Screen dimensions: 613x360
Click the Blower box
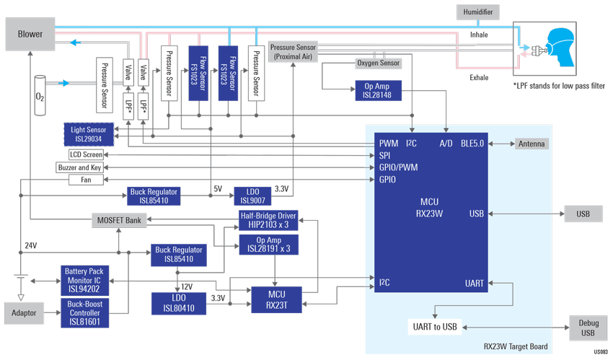[x=30, y=34]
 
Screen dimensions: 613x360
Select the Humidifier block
[x=477, y=12]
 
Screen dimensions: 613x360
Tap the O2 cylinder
[x=40, y=95]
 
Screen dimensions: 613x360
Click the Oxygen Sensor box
[x=378, y=63]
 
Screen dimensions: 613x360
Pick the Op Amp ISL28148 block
[x=378, y=91]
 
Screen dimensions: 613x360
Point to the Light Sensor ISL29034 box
[x=89, y=134]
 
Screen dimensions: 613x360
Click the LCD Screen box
[x=86, y=155]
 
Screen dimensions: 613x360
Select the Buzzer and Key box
[x=80, y=167]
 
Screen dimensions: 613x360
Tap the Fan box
[x=86, y=180]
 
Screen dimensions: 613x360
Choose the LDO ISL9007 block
[x=252, y=196]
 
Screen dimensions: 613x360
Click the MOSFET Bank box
[x=119, y=221]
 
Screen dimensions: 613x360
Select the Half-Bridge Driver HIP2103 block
[x=268, y=221]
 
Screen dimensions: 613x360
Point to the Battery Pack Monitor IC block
[x=84, y=280]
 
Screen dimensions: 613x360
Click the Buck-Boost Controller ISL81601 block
[x=85, y=312]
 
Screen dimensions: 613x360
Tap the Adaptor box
[x=24, y=313]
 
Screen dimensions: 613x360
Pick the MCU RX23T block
[x=277, y=300]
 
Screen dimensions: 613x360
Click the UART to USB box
[x=435, y=327]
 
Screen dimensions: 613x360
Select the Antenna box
[x=532, y=144]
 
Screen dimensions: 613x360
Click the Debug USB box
[x=588, y=328]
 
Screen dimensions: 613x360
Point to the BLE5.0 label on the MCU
[x=472, y=144]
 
